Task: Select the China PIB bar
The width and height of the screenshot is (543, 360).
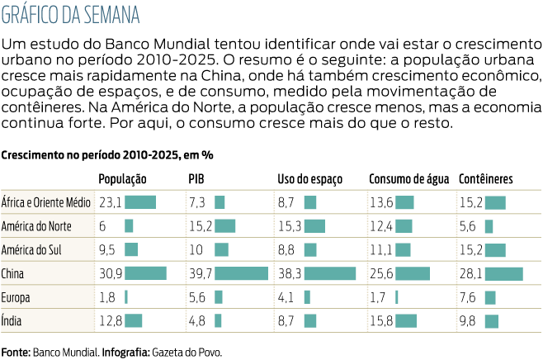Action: click(241, 273)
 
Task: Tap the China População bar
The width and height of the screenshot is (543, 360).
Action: click(145, 273)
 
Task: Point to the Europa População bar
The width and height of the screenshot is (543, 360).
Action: click(126, 297)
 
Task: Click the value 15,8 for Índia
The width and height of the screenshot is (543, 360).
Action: click(380, 321)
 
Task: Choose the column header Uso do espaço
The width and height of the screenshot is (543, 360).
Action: click(310, 178)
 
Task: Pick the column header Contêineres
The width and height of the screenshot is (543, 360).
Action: click(486, 178)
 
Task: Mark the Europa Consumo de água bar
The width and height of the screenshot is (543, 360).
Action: click(397, 297)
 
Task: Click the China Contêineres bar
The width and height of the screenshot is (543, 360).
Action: click(503, 273)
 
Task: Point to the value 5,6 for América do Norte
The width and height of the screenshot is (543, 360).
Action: click(468, 226)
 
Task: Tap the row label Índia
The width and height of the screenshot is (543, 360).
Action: click(13, 321)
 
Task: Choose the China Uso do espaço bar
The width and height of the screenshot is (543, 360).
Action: click(329, 273)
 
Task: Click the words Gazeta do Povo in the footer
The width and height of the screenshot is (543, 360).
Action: click(191, 352)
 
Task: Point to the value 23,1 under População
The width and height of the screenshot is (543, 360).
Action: click(110, 202)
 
